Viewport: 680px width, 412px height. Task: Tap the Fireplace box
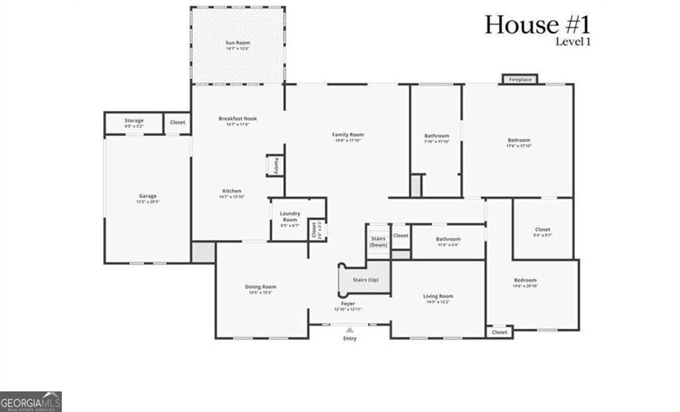pyautogui.click(x=520, y=80)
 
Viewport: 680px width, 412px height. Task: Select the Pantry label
pyautogui.click(x=276, y=165)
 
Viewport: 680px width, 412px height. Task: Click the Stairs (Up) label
pyautogui.click(x=365, y=280)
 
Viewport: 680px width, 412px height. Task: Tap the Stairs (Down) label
pyautogui.click(x=378, y=242)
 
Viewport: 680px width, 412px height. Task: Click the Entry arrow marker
pyautogui.click(x=350, y=328)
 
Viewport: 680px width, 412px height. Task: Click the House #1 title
pyautogui.click(x=537, y=25)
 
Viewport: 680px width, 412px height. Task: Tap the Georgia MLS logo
pyautogui.click(x=31, y=401)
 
